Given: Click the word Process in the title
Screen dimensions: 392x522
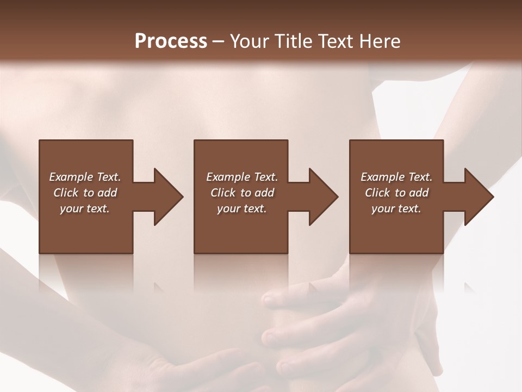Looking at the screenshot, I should tap(171, 41).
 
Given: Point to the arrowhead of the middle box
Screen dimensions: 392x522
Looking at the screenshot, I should tap(323, 197).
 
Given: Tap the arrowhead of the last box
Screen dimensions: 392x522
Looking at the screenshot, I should tap(478, 197).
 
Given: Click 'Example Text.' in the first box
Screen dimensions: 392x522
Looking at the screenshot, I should tap(85, 177).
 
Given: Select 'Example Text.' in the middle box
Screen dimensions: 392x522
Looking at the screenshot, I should tap(242, 177).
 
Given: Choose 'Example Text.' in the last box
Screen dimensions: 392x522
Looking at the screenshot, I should tap(396, 177).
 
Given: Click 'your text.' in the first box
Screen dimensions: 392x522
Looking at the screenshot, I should tap(85, 209).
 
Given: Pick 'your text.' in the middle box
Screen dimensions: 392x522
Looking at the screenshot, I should tap(242, 209).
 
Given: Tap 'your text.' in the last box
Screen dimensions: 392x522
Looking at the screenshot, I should tap(396, 209).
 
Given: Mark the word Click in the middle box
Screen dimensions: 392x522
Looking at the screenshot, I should tap(223, 193).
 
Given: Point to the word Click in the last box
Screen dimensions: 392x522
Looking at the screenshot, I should tap(378, 193).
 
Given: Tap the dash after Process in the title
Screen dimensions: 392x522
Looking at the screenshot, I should tap(218, 41).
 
